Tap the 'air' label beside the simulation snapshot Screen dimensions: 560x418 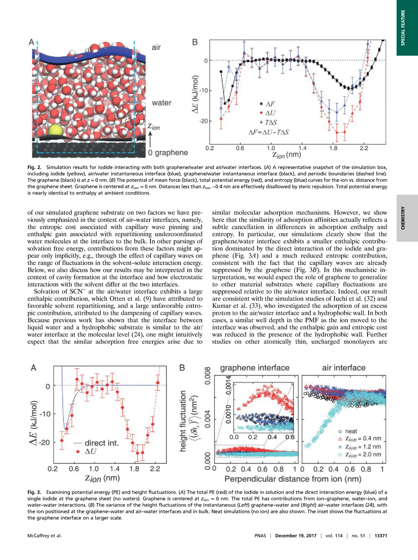tap(156, 47)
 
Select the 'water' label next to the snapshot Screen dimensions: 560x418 tap(162, 103)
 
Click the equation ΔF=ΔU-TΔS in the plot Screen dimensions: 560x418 tap(268, 133)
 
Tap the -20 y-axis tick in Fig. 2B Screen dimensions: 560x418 tap(203, 121)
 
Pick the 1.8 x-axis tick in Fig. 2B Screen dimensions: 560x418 tap(333, 148)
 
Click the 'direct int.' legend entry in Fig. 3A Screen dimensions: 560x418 tap(97, 443)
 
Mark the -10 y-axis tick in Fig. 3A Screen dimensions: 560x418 tap(45, 414)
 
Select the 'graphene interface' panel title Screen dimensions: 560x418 tap(255, 368)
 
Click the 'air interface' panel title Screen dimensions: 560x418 tap(343, 368)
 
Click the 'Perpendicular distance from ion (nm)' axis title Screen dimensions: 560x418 tap(293, 479)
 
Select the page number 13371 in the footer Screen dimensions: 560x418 tap(380, 536)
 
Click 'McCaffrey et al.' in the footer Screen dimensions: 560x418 tap(45, 536)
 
